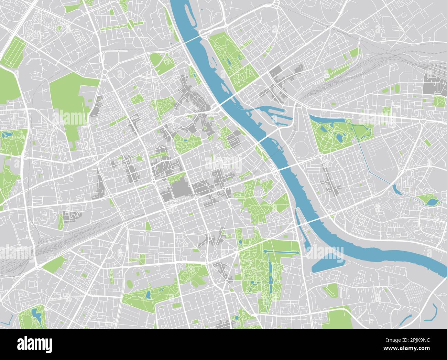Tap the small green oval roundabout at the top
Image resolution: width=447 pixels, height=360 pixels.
pyautogui.click(x=131, y=24)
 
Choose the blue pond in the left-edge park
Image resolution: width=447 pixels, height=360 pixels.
pyautogui.click(x=6, y=135)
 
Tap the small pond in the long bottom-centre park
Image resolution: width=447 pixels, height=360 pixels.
pyautogui.click(x=148, y=295)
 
